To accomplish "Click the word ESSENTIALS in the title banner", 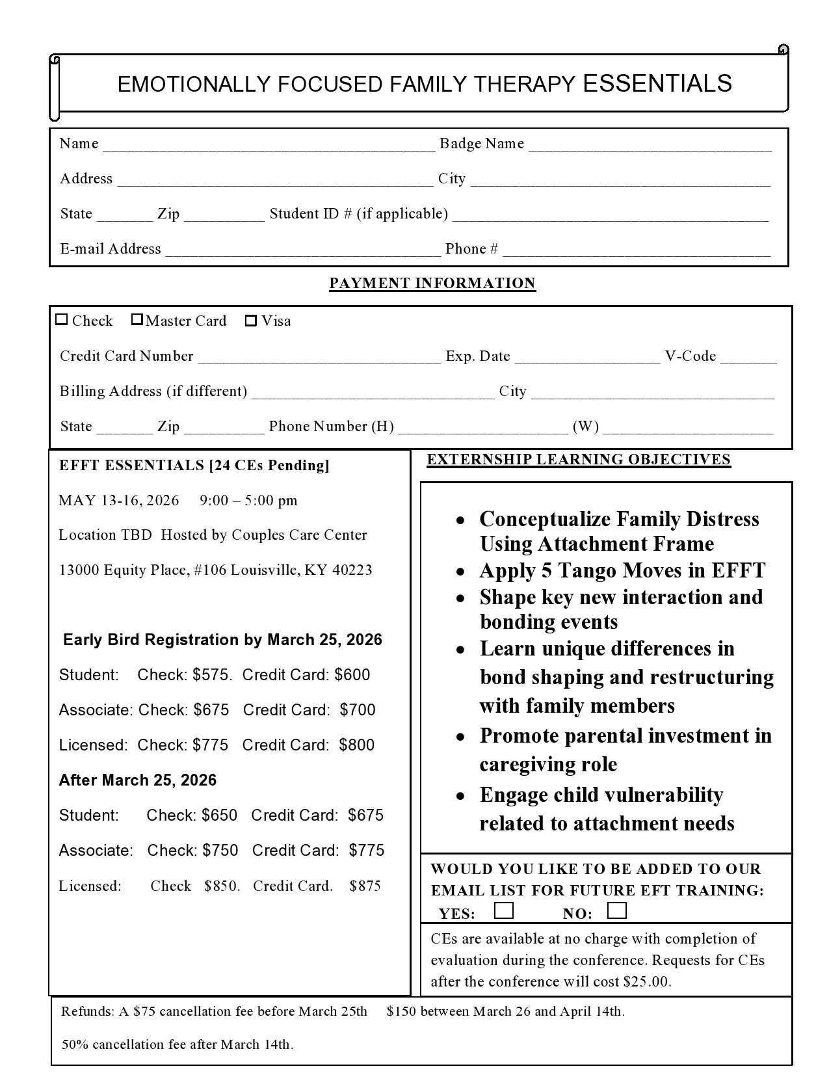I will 657,84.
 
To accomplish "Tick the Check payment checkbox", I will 62,319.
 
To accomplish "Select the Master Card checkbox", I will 137,319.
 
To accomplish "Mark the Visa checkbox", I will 251,321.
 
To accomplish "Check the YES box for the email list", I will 503,910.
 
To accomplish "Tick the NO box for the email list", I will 616,910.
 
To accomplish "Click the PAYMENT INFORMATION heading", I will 432,283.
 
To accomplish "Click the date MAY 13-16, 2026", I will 118,500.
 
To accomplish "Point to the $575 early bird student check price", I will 211,675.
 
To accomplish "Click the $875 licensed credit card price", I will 365,886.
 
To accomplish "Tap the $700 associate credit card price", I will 358,710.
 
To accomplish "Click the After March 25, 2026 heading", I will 138,780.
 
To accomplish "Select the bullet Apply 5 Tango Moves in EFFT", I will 622,570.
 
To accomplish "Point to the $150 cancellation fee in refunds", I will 399,1011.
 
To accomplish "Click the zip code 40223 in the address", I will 352,570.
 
